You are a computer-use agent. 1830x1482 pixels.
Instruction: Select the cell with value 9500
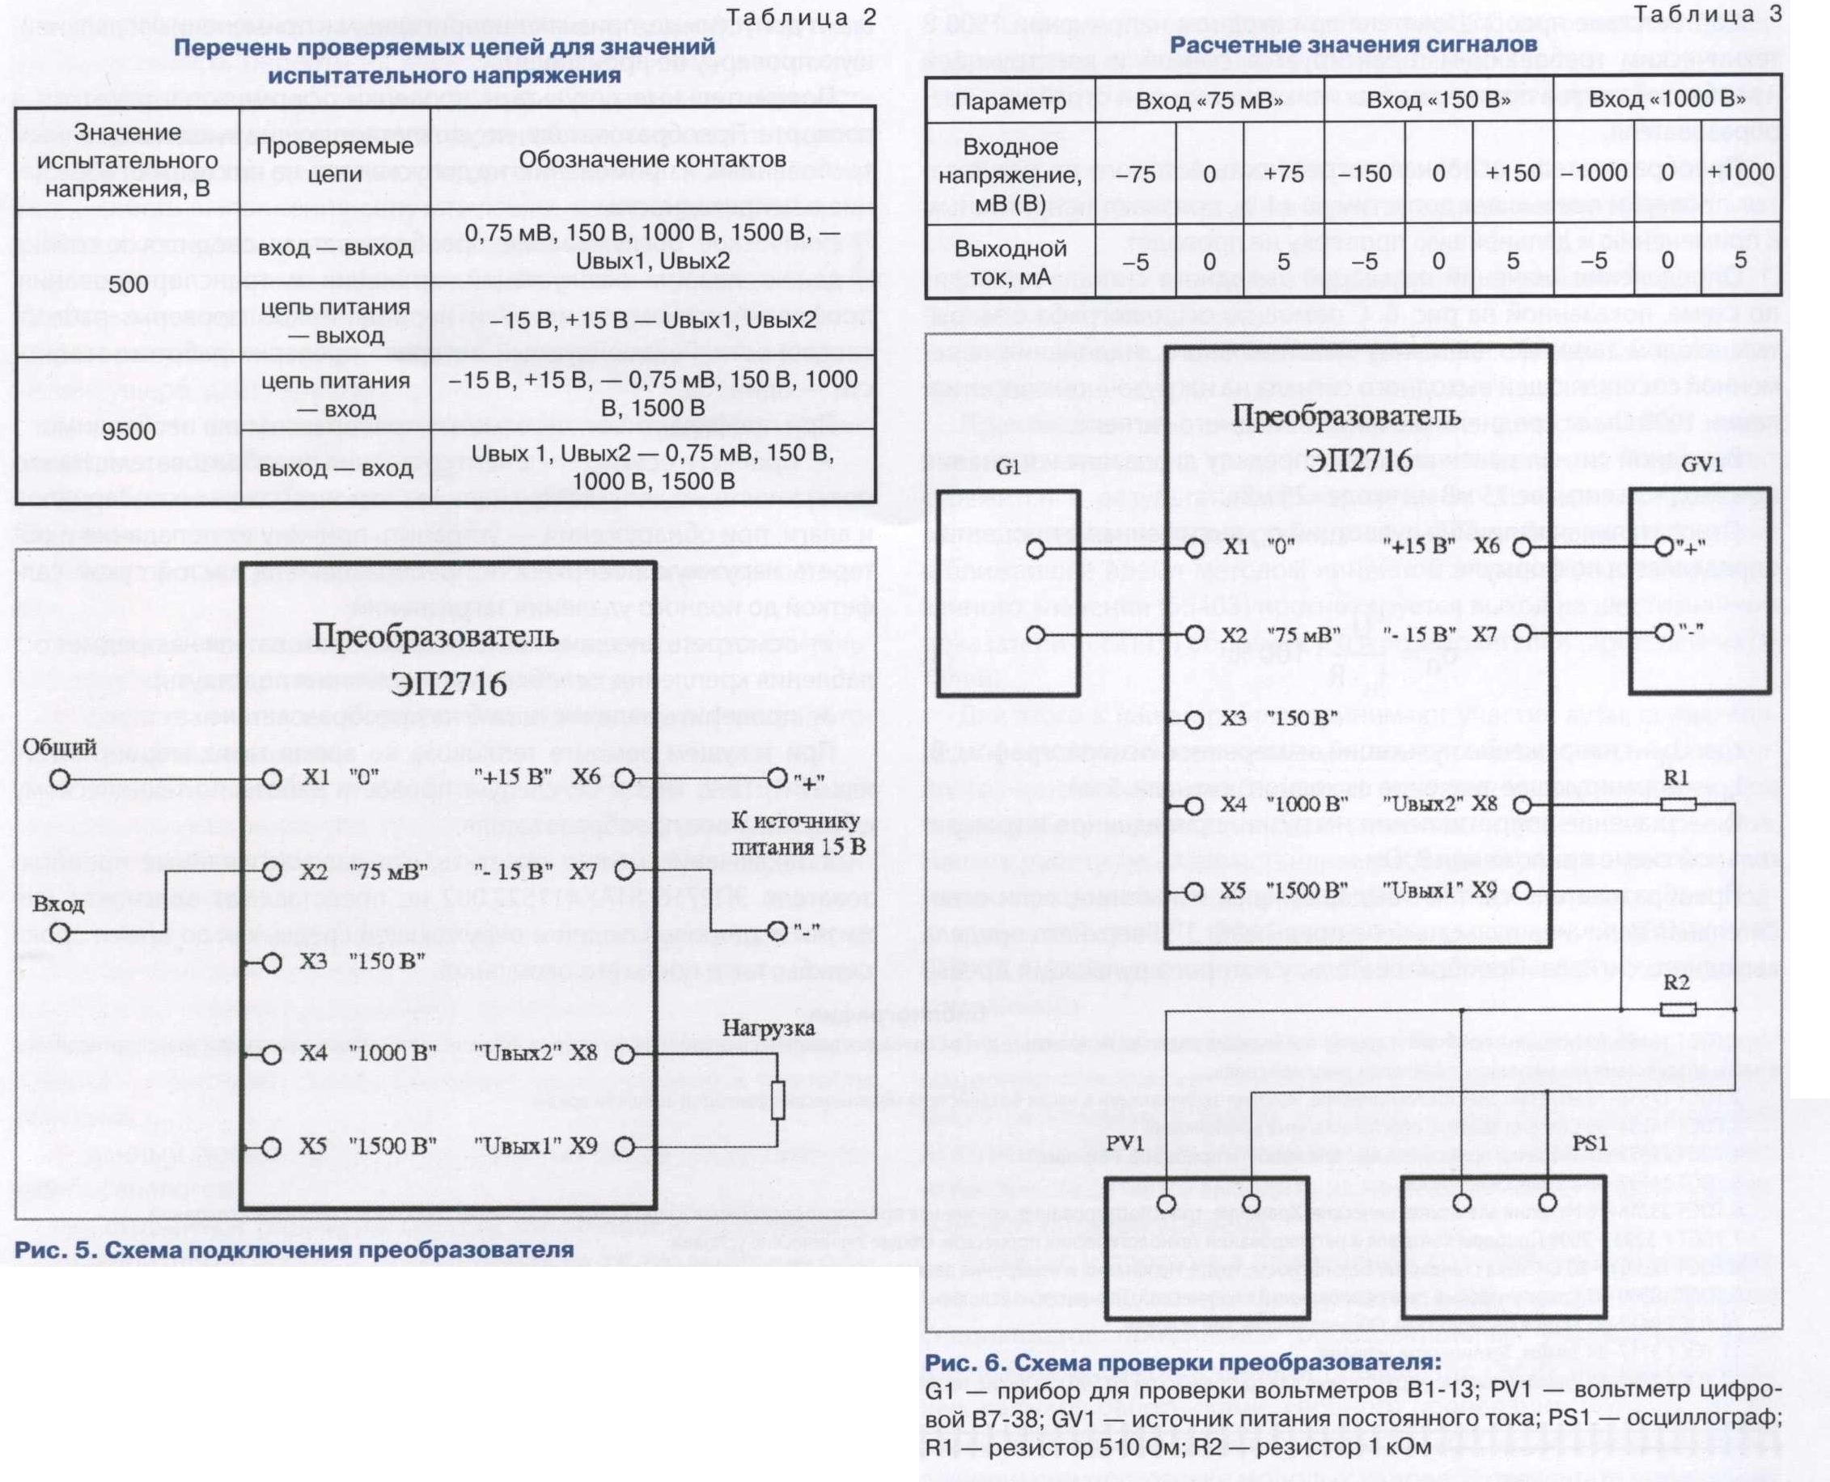click(129, 431)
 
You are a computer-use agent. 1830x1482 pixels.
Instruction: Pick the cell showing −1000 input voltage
click(1595, 173)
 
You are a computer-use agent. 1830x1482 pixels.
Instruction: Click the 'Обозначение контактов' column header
click(652, 159)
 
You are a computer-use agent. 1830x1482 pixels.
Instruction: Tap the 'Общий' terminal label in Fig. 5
click(59, 747)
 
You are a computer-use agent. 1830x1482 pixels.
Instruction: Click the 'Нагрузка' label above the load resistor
click(769, 1029)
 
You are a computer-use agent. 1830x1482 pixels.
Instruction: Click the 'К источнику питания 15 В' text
click(795, 834)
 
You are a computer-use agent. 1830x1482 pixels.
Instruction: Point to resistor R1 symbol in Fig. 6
click(1677, 804)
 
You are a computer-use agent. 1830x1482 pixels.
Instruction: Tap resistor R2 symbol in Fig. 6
click(1677, 1009)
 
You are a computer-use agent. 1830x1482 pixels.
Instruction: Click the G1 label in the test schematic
click(1008, 468)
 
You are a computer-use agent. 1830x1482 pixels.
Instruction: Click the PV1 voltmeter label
click(1124, 1143)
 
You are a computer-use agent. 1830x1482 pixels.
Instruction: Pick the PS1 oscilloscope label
click(1588, 1143)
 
